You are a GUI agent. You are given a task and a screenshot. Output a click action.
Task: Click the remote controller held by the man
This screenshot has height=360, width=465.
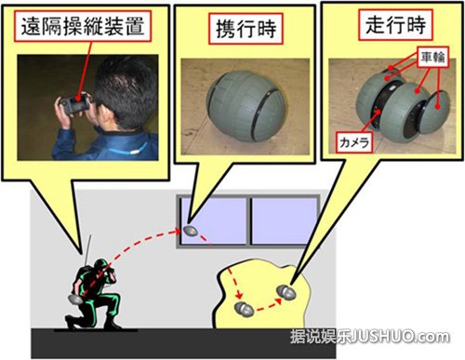click(x=77, y=96)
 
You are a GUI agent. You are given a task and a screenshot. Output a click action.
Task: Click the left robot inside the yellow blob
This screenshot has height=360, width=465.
click(x=245, y=308)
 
